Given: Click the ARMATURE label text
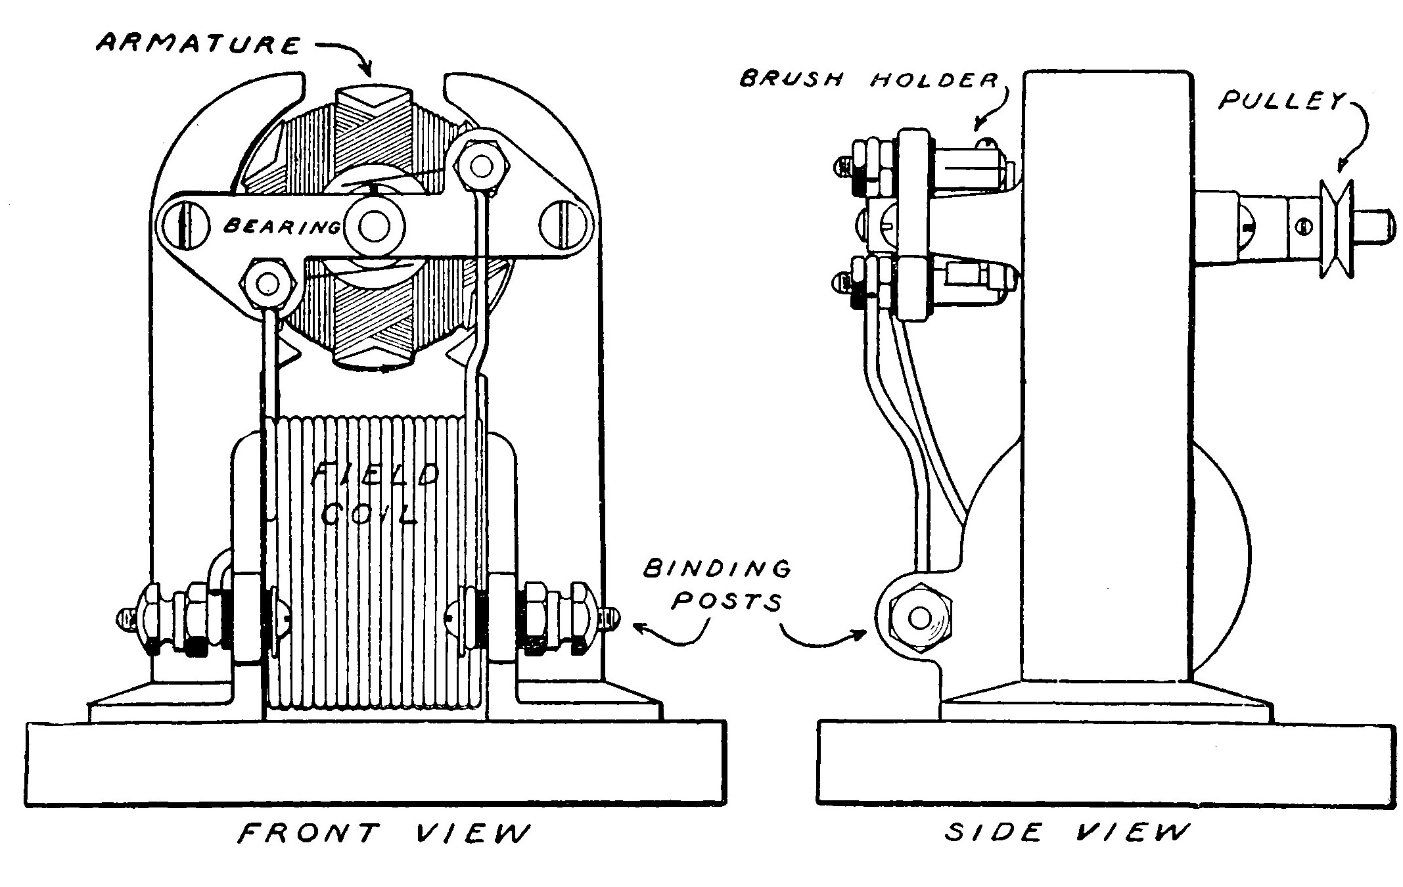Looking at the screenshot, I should [x=197, y=44].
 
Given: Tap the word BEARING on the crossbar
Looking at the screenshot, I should [x=281, y=227].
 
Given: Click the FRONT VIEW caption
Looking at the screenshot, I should [x=383, y=834].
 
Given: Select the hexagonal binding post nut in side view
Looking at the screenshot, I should [x=919, y=618].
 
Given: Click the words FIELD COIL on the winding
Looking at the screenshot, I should [x=373, y=493].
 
